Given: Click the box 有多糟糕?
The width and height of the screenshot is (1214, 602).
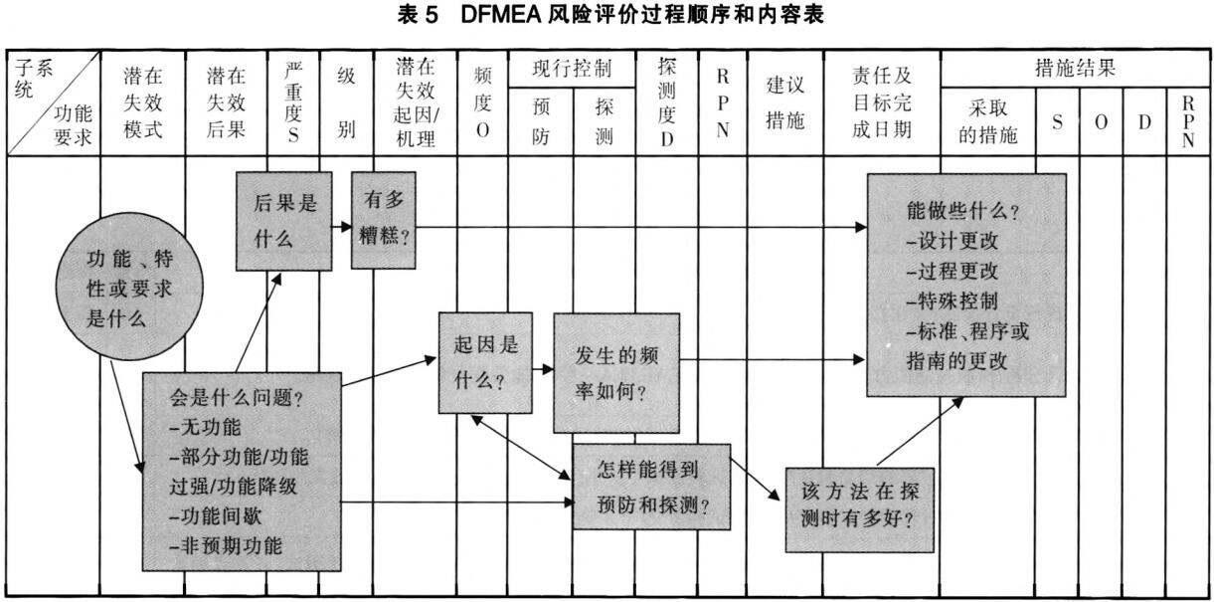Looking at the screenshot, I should coord(383,220).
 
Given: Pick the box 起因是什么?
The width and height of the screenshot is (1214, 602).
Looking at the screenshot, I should coord(485,362).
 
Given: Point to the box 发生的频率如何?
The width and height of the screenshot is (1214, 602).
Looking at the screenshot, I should coord(616,372).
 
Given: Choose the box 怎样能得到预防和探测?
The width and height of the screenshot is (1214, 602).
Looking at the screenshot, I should coord(651,487).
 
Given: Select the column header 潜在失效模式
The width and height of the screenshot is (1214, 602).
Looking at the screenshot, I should coord(143,104).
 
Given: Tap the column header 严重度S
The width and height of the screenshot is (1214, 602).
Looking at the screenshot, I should coord(293,104).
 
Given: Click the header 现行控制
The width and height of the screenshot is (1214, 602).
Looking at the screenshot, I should coord(570,70).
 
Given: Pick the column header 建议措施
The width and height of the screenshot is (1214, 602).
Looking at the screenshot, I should coord(784,104).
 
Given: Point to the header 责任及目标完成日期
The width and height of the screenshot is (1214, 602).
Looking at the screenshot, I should coord(881,104).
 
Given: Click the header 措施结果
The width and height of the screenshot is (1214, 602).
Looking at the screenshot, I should coord(1075,69).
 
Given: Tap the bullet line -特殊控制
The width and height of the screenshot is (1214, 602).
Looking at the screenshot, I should coord(952,301).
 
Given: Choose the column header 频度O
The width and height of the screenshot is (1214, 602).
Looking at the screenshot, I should coord(482,104).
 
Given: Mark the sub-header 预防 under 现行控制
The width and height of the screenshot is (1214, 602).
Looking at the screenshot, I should coord(541,120).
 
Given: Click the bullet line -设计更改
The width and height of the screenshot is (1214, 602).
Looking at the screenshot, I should coord(952,242).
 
